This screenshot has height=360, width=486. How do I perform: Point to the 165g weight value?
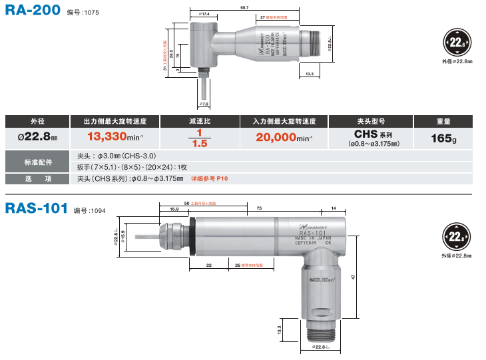(442, 138)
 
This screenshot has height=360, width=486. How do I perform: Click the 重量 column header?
(443, 121)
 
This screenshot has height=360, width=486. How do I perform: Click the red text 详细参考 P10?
(209, 178)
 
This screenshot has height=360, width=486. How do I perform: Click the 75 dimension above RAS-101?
(258, 208)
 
